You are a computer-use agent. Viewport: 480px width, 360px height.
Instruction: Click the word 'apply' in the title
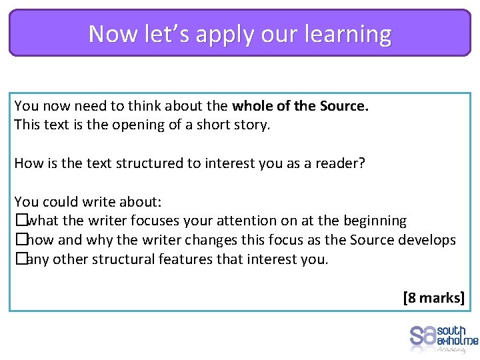pyautogui.click(x=227, y=34)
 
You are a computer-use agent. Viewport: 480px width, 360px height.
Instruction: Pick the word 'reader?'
pyautogui.click(x=340, y=163)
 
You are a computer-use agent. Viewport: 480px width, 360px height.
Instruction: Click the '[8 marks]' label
pyautogui.click(x=433, y=297)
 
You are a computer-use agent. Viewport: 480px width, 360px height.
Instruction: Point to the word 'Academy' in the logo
pyautogui.click(x=453, y=349)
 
